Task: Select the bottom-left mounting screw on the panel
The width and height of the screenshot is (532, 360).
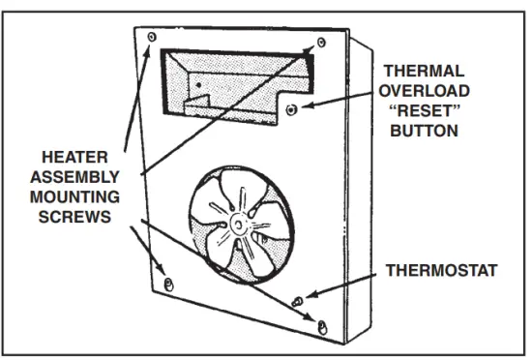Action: pyautogui.click(x=170, y=282)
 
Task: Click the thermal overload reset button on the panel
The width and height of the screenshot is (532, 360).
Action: pyautogui.click(x=294, y=109)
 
